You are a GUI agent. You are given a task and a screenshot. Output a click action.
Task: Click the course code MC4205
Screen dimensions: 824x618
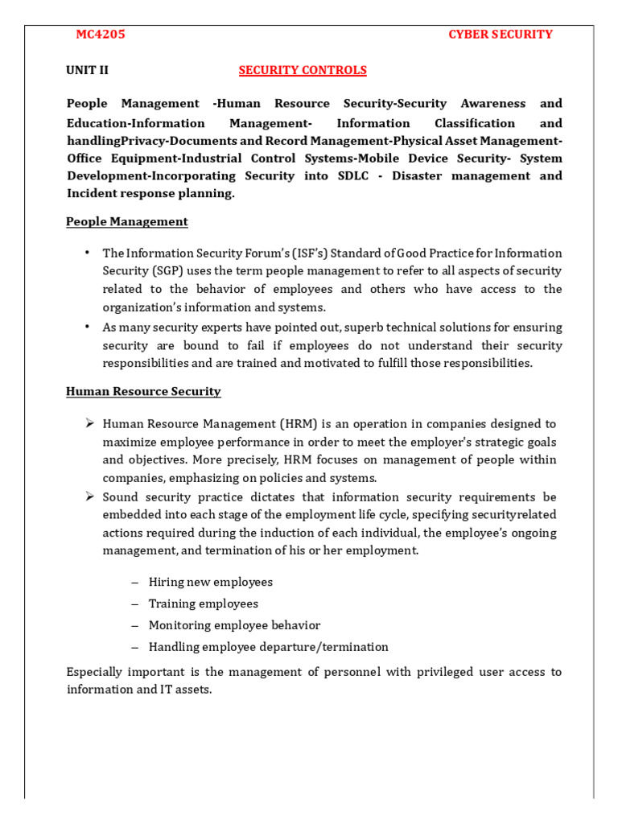pos(101,35)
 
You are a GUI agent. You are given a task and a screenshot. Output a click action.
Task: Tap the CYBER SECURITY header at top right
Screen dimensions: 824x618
pos(500,35)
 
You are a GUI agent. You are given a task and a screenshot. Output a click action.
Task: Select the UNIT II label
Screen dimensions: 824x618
pos(87,70)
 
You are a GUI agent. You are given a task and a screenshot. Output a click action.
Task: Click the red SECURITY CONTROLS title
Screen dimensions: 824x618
pos(303,70)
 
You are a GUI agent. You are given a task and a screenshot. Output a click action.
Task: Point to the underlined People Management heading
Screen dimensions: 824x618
pos(126,221)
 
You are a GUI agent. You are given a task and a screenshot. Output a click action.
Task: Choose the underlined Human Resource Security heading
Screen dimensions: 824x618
pos(143,391)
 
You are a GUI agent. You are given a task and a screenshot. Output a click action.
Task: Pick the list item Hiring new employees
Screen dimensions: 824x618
pos(211,582)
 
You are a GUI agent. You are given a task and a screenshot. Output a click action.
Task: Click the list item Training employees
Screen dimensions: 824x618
pos(204,604)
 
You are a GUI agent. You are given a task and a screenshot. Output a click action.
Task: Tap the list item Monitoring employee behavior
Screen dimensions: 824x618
pos(234,625)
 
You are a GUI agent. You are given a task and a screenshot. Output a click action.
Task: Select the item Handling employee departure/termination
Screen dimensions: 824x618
pos(268,647)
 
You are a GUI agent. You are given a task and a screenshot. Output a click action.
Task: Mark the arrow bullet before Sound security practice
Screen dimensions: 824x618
pos(90,496)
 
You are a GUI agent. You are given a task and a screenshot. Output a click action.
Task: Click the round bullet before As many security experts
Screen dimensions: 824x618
pos(87,327)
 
